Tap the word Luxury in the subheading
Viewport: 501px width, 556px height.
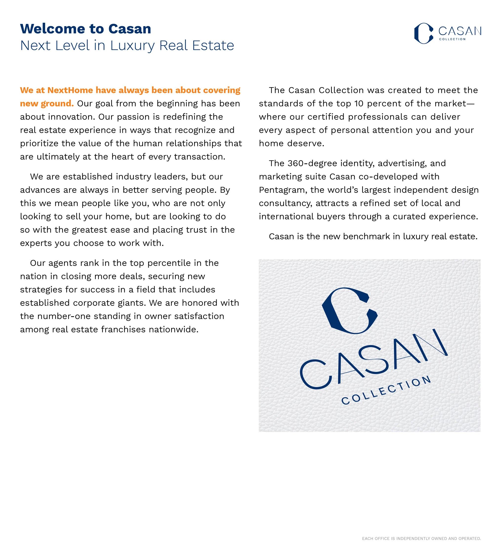132,46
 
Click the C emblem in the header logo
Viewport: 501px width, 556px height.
423,33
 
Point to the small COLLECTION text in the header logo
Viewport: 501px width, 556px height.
452,39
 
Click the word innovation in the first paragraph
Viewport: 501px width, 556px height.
71,117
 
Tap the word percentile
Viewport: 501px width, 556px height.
169,263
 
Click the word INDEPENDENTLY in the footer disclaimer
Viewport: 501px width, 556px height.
414,538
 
